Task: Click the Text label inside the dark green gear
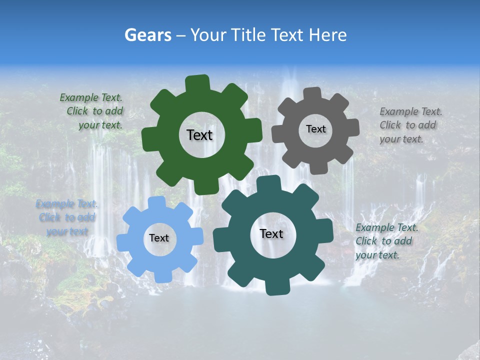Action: (199, 135)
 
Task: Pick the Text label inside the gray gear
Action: (315, 129)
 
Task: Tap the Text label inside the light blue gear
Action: (159, 238)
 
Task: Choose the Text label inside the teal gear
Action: (271, 233)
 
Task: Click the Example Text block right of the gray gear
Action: (410, 125)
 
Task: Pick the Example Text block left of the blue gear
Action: (66, 217)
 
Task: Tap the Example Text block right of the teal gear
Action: (386, 241)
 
